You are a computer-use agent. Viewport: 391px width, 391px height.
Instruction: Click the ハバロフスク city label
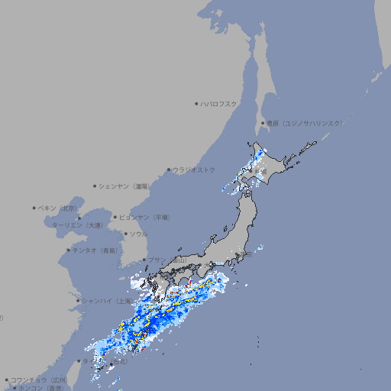click(x=219, y=103)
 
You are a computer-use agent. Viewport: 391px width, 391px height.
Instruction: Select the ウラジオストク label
click(x=194, y=170)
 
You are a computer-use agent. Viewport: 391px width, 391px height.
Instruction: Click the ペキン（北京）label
click(x=58, y=208)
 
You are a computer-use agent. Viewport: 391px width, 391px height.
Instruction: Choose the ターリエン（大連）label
click(x=77, y=225)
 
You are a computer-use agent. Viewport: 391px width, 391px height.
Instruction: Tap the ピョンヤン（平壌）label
click(x=144, y=217)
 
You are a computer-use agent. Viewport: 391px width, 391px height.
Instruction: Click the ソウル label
click(x=138, y=234)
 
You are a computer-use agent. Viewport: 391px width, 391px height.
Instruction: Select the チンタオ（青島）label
click(x=95, y=250)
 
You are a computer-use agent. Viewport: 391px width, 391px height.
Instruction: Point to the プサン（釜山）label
click(x=166, y=260)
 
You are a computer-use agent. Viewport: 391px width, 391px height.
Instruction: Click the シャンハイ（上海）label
click(x=105, y=301)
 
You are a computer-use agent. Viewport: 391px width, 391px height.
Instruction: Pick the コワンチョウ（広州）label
click(x=39, y=380)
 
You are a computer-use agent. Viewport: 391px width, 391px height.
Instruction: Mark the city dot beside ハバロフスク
click(x=196, y=103)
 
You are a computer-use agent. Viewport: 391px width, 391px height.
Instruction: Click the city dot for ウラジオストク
click(x=169, y=170)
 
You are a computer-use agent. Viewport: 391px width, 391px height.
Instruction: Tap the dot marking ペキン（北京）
click(x=34, y=208)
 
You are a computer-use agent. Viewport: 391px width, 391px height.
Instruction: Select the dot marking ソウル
click(x=125, y=234)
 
